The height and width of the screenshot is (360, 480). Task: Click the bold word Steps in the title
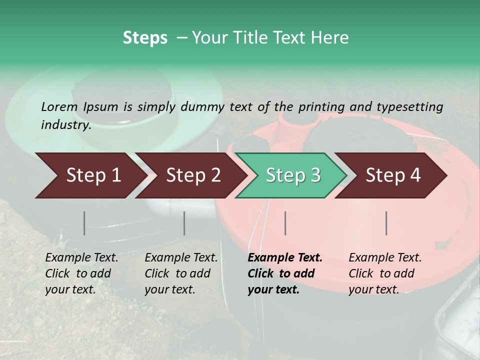pyautogui.click(x=145, y=38)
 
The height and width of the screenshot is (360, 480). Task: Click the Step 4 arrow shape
pyautogui.click(x=392, y=175)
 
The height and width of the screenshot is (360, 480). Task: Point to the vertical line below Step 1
pyautogui.click(x=84, y=223)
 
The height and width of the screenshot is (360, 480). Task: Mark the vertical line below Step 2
pyautogui.click(x=184, y=223)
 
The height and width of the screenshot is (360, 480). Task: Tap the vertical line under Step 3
pyautogui.click(x=285, y=223)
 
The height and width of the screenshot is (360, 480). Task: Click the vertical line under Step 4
pyautogui.click(x=386, y=223)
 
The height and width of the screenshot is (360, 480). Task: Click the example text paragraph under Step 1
pyautogui.click(x=81, y=273)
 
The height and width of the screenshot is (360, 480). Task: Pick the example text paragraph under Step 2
pyautogui.click(x=181, y=273)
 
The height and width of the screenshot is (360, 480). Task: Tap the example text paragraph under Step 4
pyautogui.click(x=385, y=273)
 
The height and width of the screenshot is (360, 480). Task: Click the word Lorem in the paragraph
pyautogui.click(x=59, y=106)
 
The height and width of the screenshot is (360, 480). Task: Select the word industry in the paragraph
pyautogui.click(x=65, y=124)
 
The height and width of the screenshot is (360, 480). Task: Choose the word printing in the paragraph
pyautogui.click(x=322, y=106)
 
